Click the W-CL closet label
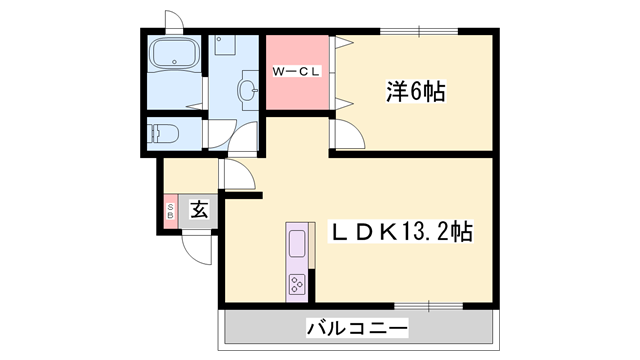297,72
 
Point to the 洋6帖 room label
416,92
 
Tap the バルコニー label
357,326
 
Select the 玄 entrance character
199,210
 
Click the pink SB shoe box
170,210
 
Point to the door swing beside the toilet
197,135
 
